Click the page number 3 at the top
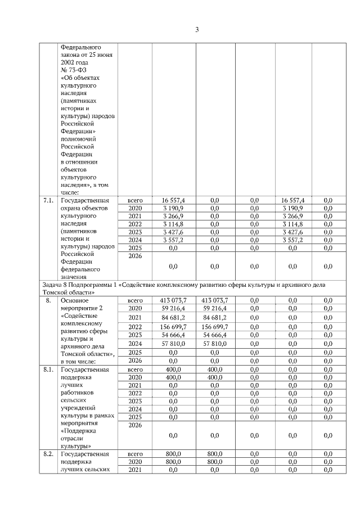[x=197, y=30]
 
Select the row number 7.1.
[x=48, y=200]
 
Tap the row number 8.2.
[x=48, y=453]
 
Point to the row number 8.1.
[x=48, y=370]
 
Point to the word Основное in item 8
[x=75, y=301]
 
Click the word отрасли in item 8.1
[x=73, y=438]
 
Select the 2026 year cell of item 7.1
[x=134, y=256]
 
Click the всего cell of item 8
[x=135, y=301]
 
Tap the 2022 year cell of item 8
[x=134, y=327]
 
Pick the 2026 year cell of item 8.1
[x=134, y=426]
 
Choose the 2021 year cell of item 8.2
[x=134, y=469]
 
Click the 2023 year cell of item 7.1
[x=134, y=232]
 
